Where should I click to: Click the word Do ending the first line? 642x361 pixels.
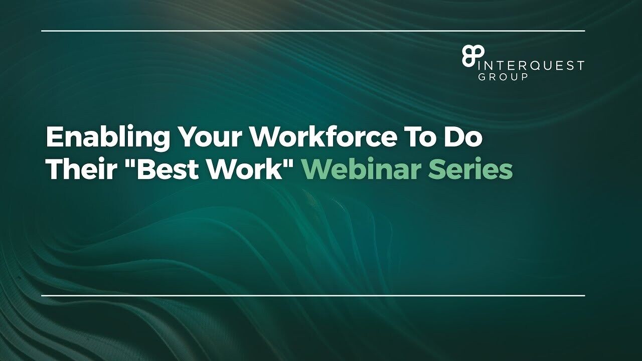click(x=464, y=137)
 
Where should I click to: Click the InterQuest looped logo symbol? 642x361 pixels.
click(x=473, y=57)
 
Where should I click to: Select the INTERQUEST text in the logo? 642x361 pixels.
click(x=531, y=65)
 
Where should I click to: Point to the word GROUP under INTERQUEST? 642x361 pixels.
click(x=503, y=77)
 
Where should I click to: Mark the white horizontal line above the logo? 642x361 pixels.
click(x=313, y=31)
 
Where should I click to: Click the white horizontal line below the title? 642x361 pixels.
click(x=313, y=295)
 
